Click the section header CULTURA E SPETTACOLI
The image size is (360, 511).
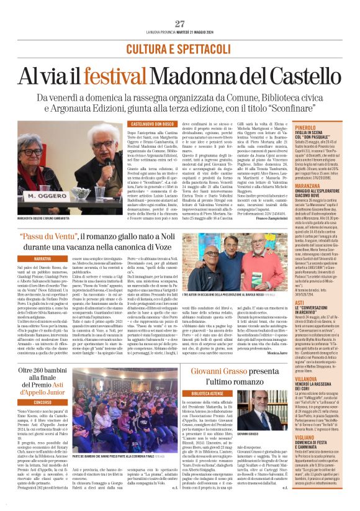click(x=179, y=48)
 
